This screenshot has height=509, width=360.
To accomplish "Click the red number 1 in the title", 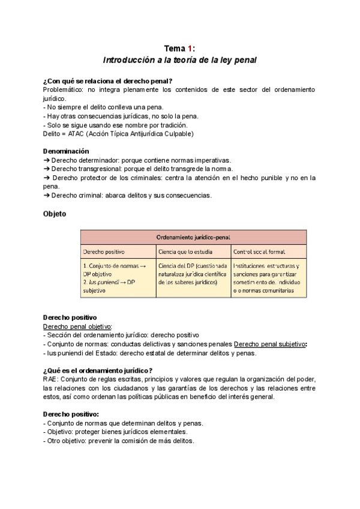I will click(x=189, y=49).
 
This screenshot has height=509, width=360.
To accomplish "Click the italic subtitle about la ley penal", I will click(x=180, y=61).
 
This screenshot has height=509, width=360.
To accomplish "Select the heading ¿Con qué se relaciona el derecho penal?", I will click(x=108, y=81).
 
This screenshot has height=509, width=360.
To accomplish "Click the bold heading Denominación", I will click(x=66, y=152).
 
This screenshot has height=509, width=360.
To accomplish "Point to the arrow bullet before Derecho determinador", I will click(x=47, y=160).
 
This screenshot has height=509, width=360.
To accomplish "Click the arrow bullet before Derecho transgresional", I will click(x=47, y=169).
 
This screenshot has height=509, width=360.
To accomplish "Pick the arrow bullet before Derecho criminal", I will click(x=47, y=195).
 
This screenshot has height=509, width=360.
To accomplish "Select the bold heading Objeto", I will click(x=55, y=213).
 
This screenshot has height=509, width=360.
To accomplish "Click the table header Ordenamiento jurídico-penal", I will click(x=193, y=237).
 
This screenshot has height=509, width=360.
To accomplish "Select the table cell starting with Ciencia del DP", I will click(x=193, y=274).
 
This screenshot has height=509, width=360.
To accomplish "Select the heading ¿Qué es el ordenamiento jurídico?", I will click(x=98, y=371).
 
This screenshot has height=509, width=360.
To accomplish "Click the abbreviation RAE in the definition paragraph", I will click(x=50, y=379).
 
